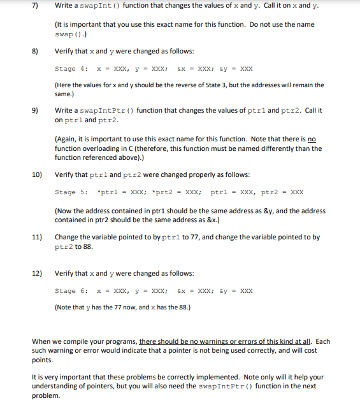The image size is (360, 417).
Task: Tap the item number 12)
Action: tap(37, 273)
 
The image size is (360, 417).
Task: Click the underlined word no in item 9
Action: tap(312, 139)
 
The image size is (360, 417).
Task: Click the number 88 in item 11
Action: tap(80, 246)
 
